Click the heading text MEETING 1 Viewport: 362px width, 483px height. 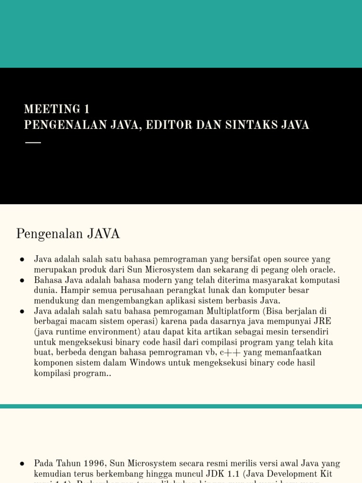click(x=57, y=109)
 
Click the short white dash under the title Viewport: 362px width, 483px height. click(x=33, y=142)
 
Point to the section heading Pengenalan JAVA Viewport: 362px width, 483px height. click(x=68, y=234)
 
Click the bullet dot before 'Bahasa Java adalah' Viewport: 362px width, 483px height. click(x=22, y=280)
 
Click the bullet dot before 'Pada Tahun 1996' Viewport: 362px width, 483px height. click(x=22, y=464)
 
